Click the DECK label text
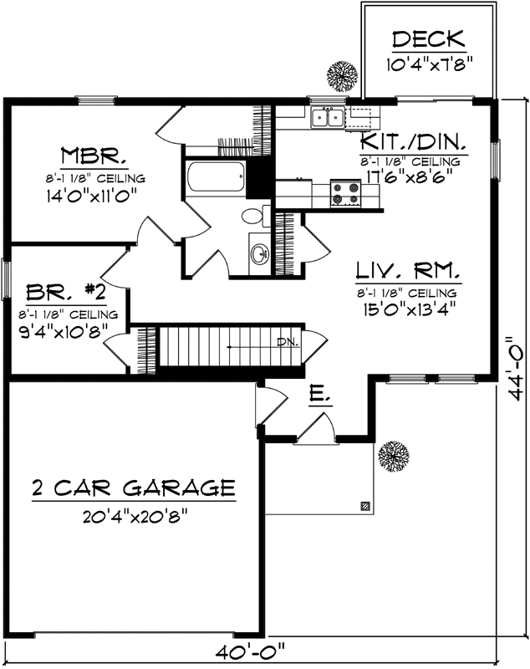point(427,39)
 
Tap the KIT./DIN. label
point(413,140)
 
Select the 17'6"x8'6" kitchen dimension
point(413,178)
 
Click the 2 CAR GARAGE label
point(134,487)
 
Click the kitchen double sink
point(327,118)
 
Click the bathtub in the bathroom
point(217,177)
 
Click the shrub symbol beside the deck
point(341,76)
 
